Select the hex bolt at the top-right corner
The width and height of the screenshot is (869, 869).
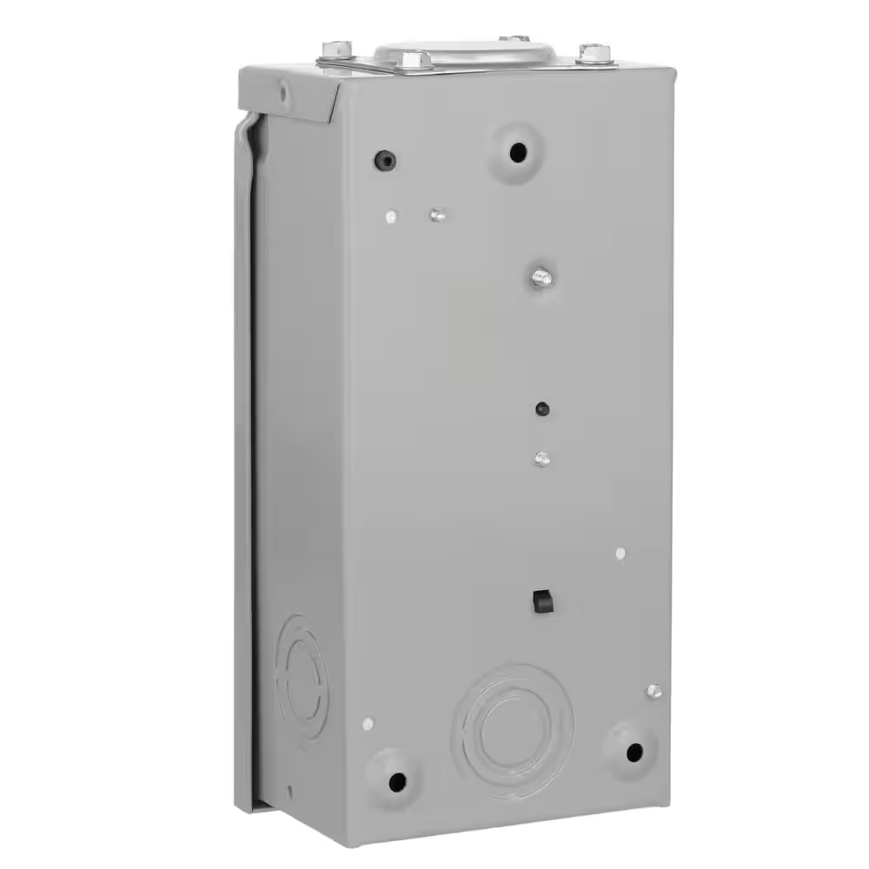pyautogui.click(x=594, y=52)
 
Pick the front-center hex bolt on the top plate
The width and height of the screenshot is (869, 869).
pyautogui.click(x=412, y=59)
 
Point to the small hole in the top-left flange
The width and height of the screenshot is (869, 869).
pyautogui.click(x=282, y=88)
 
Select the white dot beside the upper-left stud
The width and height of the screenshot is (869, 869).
pyautogui.click(x=391, y=216)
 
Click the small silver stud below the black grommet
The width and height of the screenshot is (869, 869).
pyautogui.click(x=437, y=213)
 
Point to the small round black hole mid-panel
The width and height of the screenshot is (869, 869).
pyautogui.click(x=543, y=408)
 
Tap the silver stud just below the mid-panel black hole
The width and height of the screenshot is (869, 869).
pyautogui.click(x=543, y=457)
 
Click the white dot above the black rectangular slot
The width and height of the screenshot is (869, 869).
pyautogui.click(x=620, y=553)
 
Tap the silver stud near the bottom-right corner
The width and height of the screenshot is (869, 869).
pyautogui.click(x=653, y=691)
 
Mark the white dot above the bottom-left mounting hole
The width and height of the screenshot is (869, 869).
pyautogui.click(x=368, y=723)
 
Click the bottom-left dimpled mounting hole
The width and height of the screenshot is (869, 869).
pyautogui.click(x=397, y=779)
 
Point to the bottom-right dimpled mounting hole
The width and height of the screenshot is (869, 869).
pyautogui.click(x=634, y=752)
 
